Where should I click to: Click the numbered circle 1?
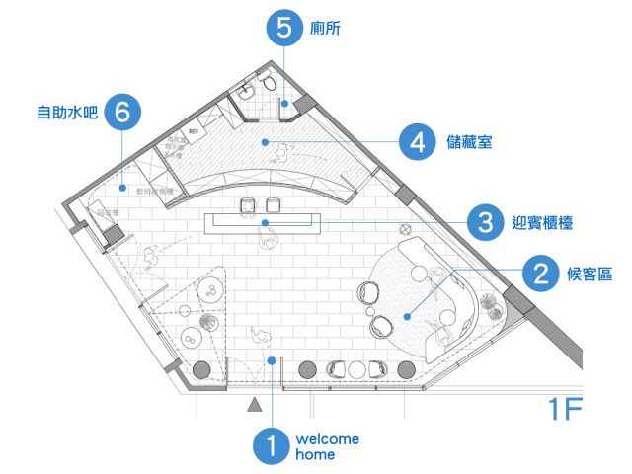tap(268, 445)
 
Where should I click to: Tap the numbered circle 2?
tap(540, 273)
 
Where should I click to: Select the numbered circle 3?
tap(484, 222)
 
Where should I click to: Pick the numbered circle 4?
tap(418, 142)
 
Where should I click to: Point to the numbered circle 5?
tap(284, 28)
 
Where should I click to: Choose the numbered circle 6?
tap(121, 112)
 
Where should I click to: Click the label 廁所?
tap(327, 29)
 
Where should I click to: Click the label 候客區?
tap(590, 273)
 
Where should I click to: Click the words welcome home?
tap(326, 446)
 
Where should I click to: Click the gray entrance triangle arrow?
tap(255, 403)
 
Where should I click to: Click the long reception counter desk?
tap(265, 222)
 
